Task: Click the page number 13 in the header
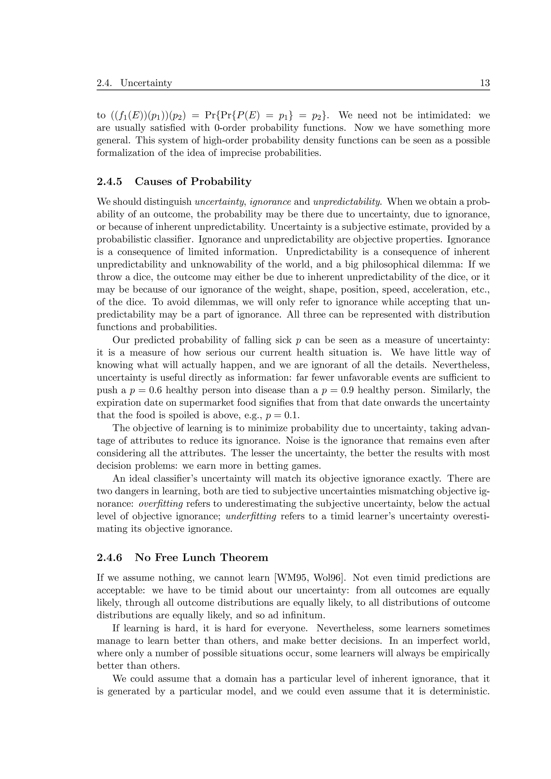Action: click(x=485, y=83)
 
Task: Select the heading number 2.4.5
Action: click(x=109, y=181)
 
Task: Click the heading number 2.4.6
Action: click(x=109, y=558)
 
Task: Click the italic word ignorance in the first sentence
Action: click(x=270, y=202)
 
